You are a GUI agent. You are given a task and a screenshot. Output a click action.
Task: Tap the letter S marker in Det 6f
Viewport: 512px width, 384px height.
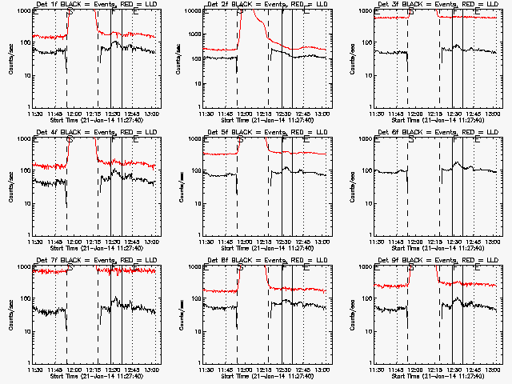click(x=411, y=139)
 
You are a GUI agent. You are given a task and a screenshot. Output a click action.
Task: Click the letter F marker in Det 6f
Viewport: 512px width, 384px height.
click(x=454, y=139)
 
